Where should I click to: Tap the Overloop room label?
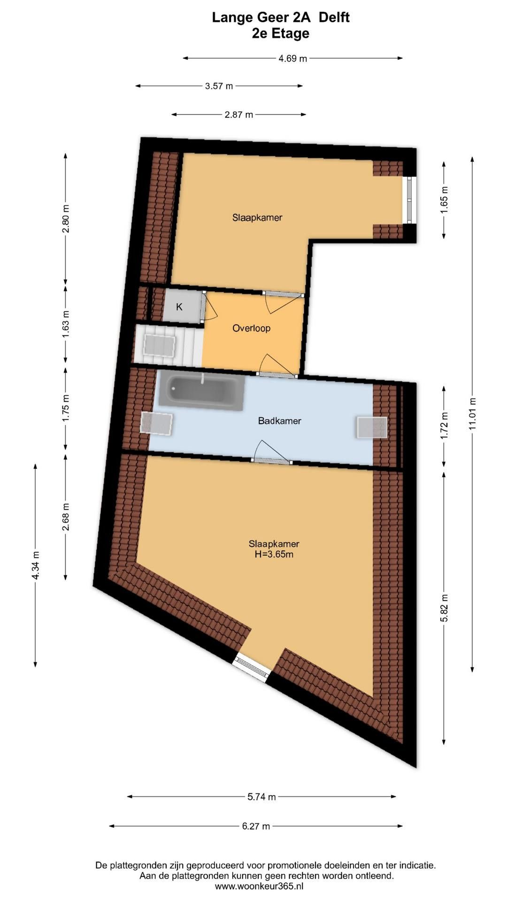251,328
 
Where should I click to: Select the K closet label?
179,307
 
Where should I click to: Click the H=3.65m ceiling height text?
274,554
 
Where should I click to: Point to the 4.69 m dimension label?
292,58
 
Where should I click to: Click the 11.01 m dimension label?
472,413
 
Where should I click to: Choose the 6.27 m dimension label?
256,826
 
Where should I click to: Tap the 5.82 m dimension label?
444,608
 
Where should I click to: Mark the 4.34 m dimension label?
35,565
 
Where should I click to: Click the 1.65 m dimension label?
444,200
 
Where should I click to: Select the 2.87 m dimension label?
238,115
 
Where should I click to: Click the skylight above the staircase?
160,345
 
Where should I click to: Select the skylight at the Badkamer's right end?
372,427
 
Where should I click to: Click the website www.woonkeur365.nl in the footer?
259,886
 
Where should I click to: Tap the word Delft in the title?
334,17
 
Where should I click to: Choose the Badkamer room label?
279,421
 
